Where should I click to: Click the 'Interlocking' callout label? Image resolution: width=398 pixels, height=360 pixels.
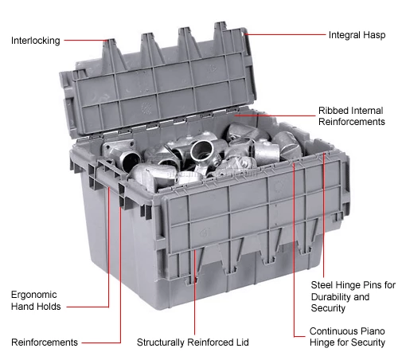(36, 41)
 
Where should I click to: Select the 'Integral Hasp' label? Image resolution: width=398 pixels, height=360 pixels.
(357, 35)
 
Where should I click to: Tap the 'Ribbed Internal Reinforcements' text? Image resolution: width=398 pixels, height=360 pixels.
(352, 116)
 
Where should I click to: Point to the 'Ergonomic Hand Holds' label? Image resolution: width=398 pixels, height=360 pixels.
(36, 300)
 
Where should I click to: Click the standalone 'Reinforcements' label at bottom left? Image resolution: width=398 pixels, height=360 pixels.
(45, 342)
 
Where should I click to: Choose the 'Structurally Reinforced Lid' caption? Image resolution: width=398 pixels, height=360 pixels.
(193, 342)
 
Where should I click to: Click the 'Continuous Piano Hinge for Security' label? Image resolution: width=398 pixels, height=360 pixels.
(347, 337)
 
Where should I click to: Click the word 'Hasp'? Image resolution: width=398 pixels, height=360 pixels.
(374, 35)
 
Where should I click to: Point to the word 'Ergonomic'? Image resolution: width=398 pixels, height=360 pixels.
(33, 295)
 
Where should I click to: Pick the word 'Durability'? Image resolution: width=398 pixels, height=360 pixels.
(333, 296)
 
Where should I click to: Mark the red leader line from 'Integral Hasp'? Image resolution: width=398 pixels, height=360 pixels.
(284, 34)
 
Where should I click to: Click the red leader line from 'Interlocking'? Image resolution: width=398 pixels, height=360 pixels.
(85, 41)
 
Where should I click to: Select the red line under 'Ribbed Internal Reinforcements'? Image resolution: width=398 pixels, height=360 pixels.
(275, 115)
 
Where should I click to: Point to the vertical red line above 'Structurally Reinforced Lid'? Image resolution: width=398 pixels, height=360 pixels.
(194, 292)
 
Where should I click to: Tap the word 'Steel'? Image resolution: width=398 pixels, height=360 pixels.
(322, 285)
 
